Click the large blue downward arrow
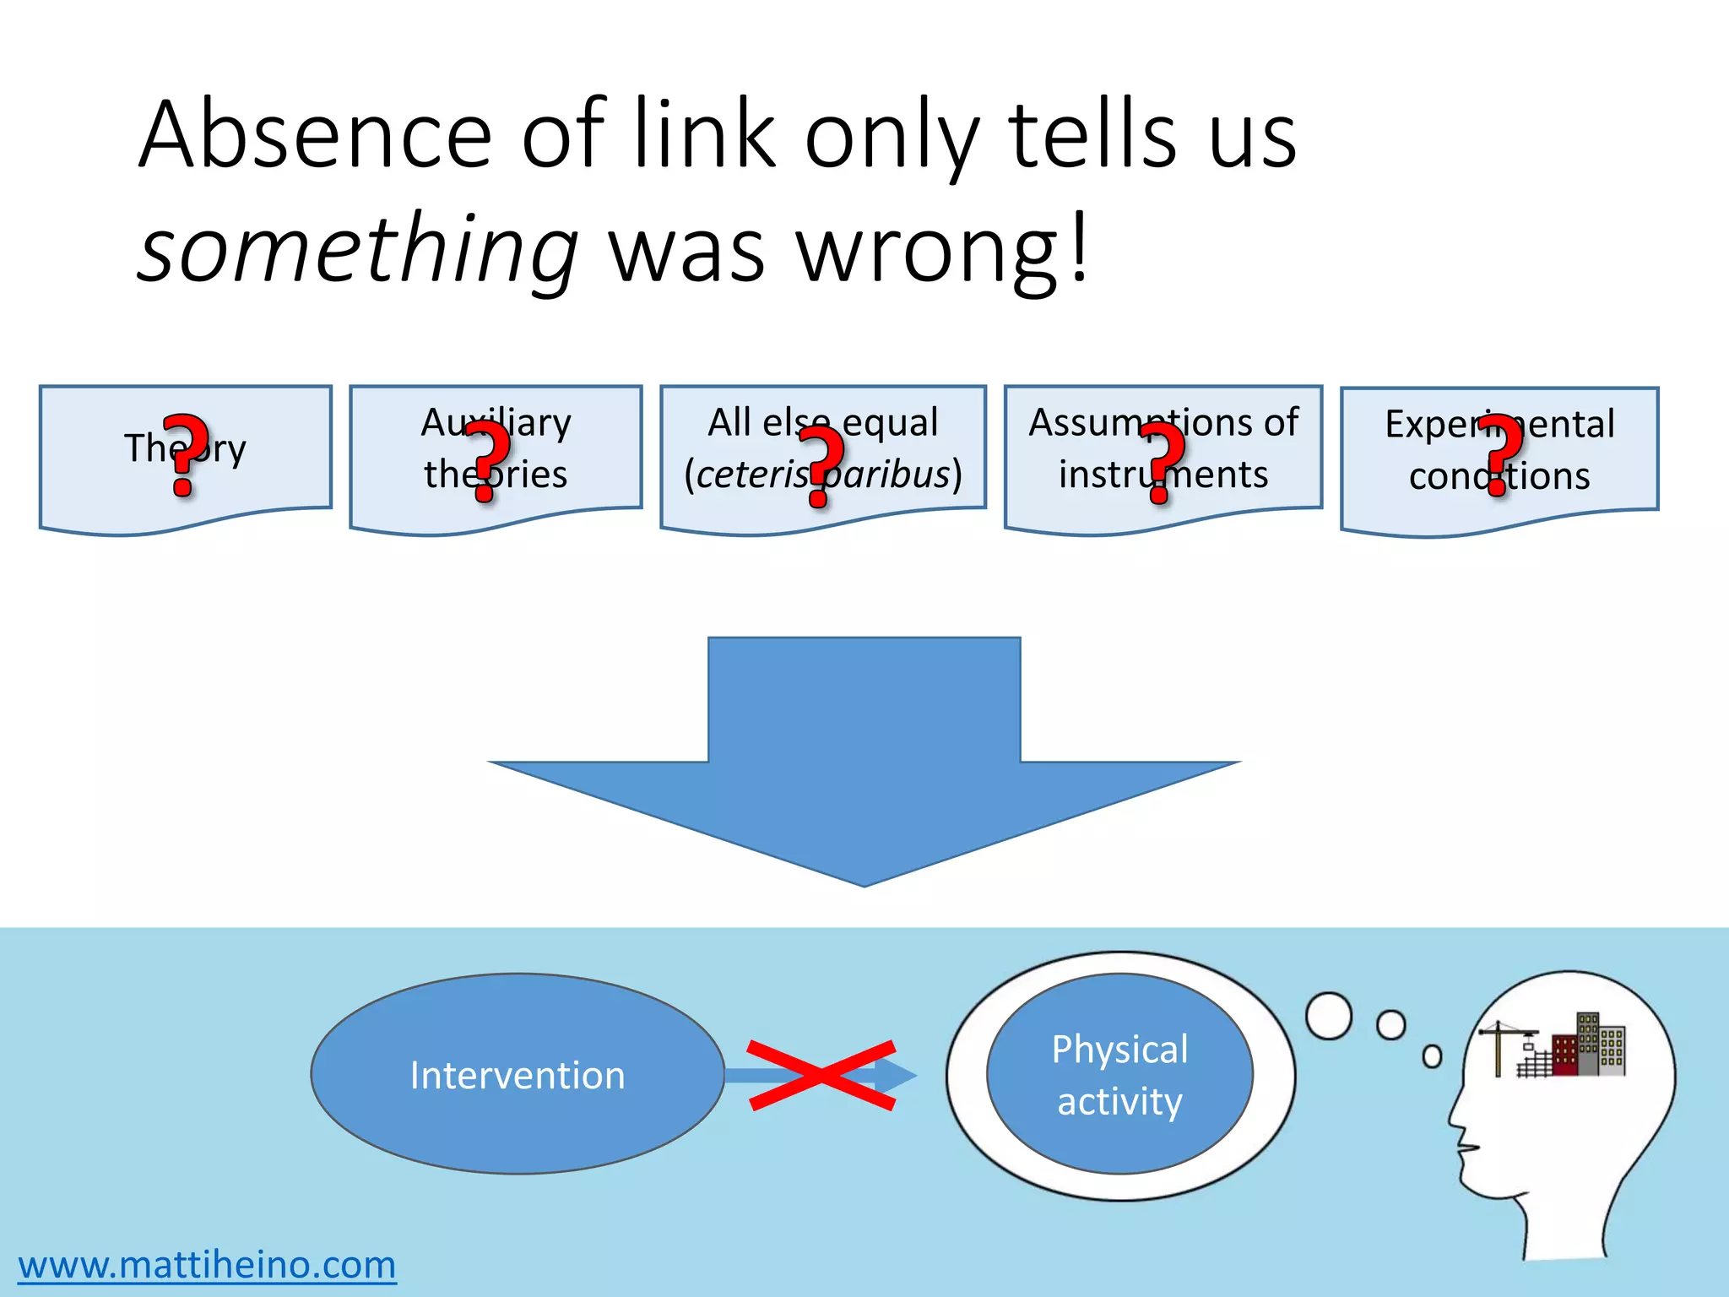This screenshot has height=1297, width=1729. click(x=864, y=760)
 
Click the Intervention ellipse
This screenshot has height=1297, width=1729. click(x=517, y=1074)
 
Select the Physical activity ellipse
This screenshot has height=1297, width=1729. click(x=1119, y=1074)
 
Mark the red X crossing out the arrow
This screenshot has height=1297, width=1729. click(x=821, y=1074)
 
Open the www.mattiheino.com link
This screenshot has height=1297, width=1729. click(x=208, y=1265)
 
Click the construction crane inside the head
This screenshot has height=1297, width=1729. click(x=1499, y=1047)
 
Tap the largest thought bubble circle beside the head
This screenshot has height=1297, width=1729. click(x=1329, y=1016)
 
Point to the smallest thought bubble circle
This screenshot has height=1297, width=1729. click(x=1432, y=1056)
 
